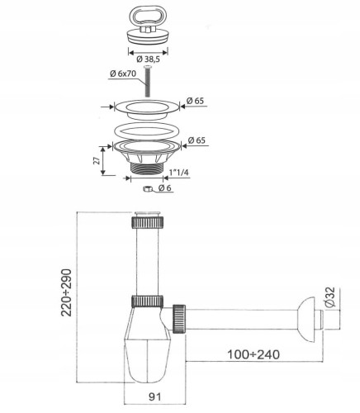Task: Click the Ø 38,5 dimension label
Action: [x=148, y=59]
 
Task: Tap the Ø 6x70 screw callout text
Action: [x=123, y=74]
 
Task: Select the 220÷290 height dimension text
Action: [x=66, y=292]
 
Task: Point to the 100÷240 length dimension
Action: [x=253, y=354]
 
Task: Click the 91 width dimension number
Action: [x=154, y=396]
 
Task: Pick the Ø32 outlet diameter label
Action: [x=330, y=297]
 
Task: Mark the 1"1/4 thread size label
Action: [x=179, y=173]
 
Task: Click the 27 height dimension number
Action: [x=97, y=161]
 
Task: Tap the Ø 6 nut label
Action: [x=165, y=188]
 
